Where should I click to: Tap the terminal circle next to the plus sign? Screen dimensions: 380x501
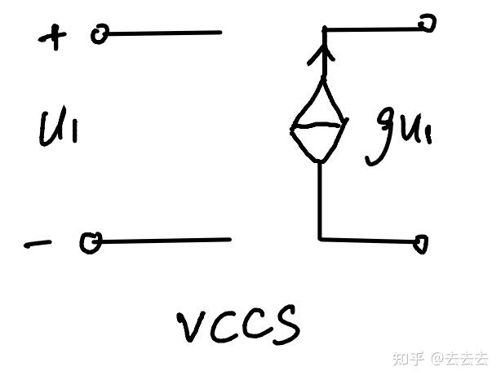coord(100,34)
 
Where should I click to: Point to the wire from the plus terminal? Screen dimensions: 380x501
coord(163,33)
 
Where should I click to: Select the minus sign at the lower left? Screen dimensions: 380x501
coord(37,242)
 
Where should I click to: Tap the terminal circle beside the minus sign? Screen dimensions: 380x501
coord(90,242)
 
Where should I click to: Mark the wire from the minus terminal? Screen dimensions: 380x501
coord(163,241)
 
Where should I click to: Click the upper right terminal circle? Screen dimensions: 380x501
coord(426,24)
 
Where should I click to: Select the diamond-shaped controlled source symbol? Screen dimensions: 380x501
coord(319,122)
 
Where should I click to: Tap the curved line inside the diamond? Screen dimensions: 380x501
coord(318,126)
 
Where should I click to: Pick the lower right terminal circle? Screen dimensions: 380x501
coord(421,243)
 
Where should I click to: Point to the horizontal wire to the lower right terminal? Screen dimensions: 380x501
coord(367,240)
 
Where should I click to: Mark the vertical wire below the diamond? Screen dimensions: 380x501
coord(320,200)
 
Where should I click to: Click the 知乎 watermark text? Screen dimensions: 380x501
coord(408,359)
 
